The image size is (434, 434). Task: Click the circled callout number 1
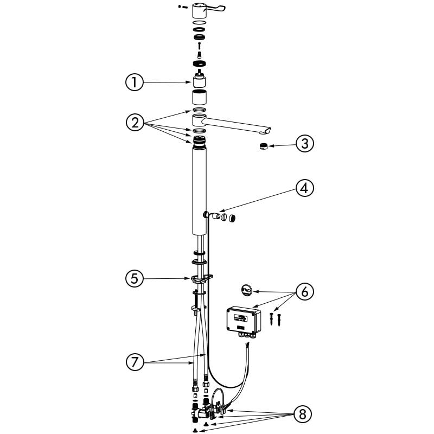pos(135,82)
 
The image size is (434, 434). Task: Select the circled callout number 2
pos(135,123)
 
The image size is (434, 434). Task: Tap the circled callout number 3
pos(305,144)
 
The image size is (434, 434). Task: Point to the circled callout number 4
pos(305,188)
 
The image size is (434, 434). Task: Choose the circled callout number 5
pos(135,278)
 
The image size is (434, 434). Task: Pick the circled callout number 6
pos(305,292)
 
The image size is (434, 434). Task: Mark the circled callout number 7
pos(135,362)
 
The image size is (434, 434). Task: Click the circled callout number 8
pos(303,414)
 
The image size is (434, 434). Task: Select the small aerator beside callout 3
pos(263,146)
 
